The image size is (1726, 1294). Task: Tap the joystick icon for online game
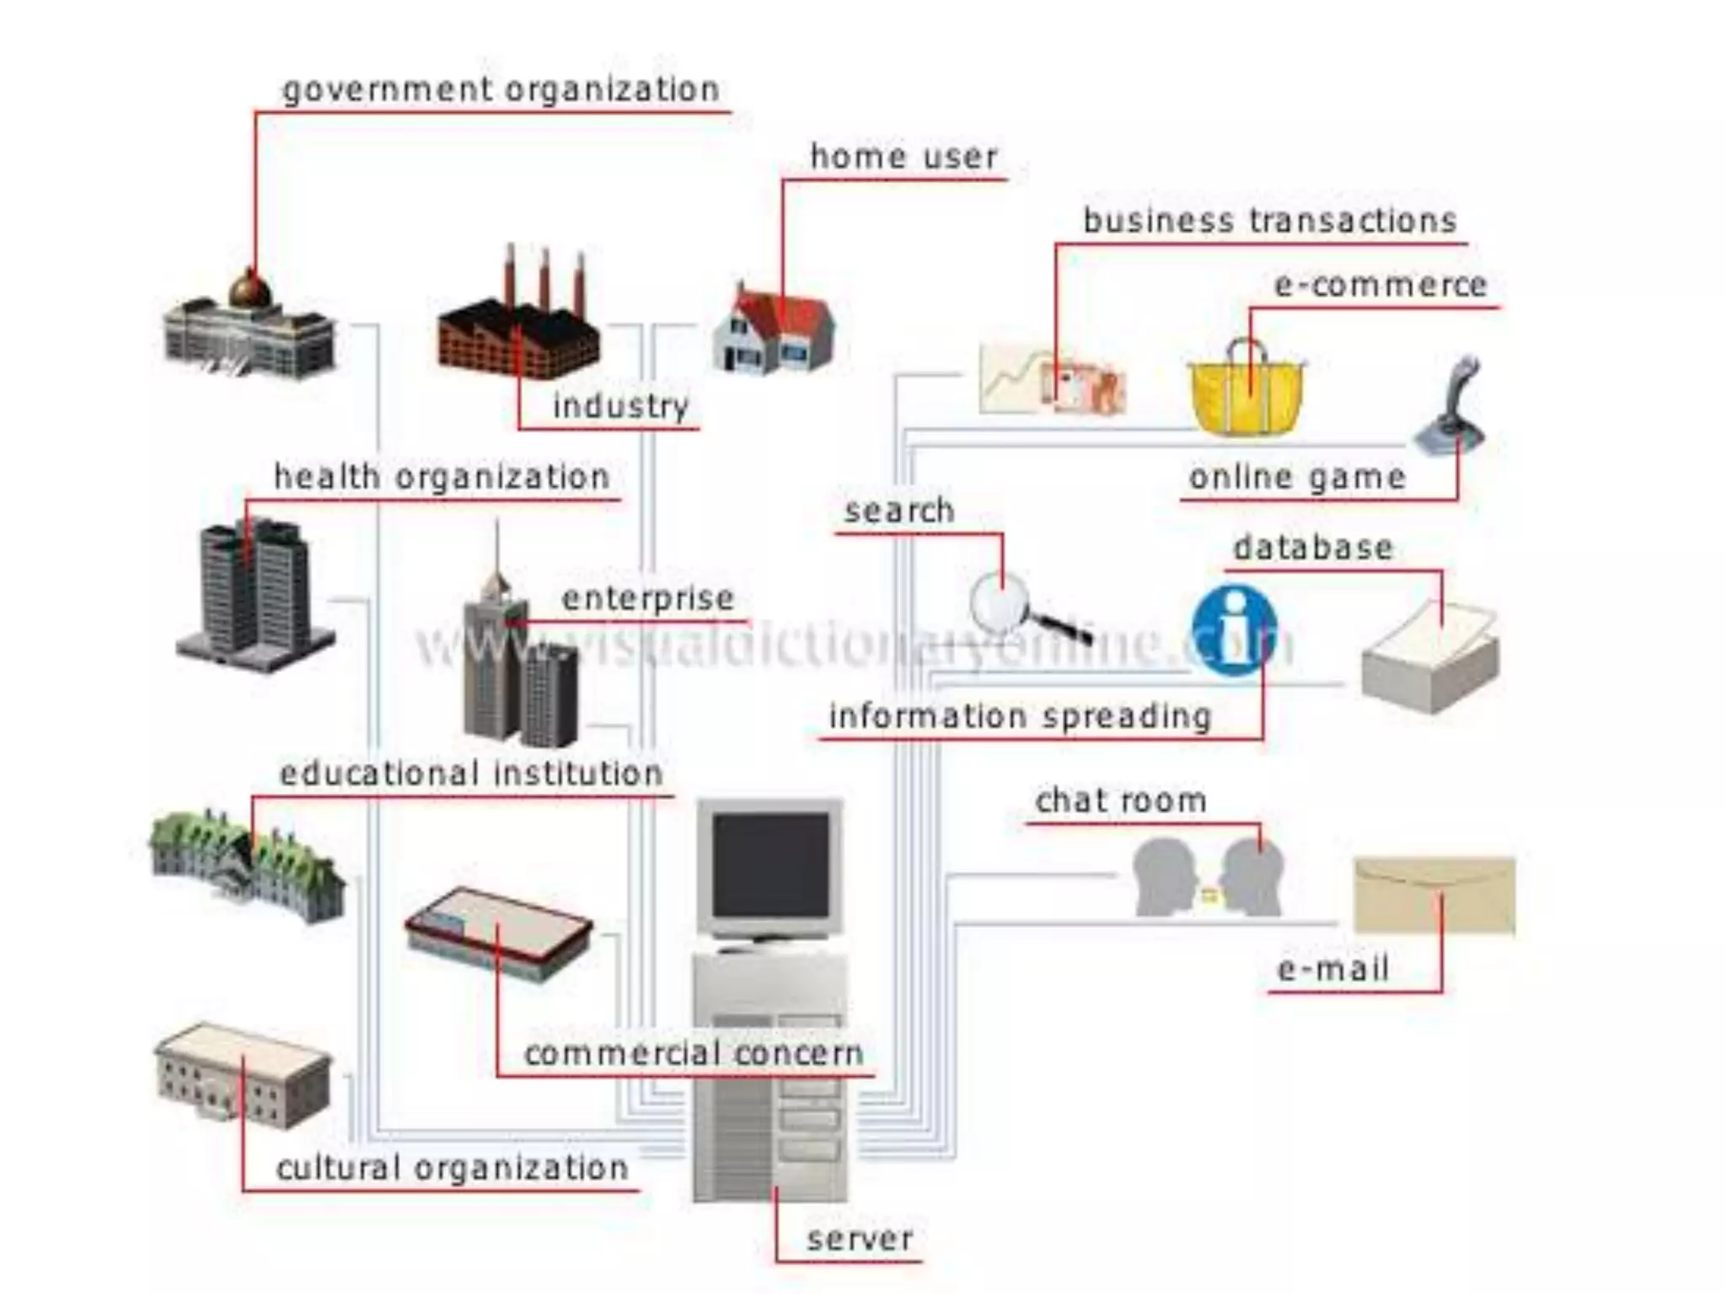1451,409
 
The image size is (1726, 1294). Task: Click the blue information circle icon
1235,630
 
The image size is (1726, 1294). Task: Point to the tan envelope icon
1434,896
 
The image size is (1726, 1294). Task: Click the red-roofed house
774,330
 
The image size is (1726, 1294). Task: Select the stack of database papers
1430,659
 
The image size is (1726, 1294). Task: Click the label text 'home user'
903,157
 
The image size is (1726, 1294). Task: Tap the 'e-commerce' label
1380,286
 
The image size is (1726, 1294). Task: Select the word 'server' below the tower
860,1238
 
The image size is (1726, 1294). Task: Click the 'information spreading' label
1020,716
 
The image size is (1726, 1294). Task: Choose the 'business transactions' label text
1270,221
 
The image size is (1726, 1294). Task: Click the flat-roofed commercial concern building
499,933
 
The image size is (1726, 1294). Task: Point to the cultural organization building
243,1075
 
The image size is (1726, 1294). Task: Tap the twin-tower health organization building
255,594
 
